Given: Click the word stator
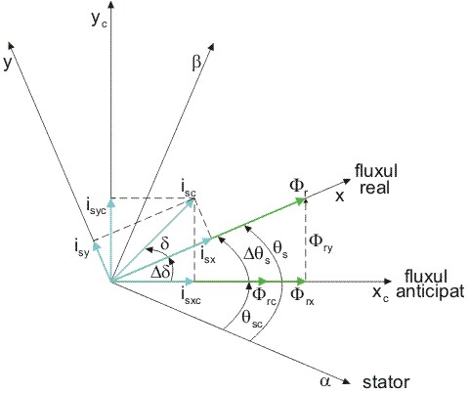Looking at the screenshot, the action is coord(386,382).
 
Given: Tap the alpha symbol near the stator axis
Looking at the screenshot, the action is coord(324,381).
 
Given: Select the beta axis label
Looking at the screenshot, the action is coord(196,63).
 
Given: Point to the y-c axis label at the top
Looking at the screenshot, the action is coord(99,22).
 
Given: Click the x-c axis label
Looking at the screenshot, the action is coord(380,293).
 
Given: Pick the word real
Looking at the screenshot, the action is coord(374,188).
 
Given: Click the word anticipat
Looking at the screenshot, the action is coord(430,291).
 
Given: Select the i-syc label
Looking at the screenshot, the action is coord(96,207).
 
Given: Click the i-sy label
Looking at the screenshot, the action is coord(81,248).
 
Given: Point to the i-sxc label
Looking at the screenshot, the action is coord(192,295).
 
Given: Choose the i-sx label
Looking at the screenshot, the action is coord(208,255).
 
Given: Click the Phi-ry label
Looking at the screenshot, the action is coord(320,242).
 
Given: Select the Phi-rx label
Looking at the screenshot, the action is coord(302,295).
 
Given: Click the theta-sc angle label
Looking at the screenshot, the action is coord(252,319).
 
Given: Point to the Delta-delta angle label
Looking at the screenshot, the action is coord(161,272).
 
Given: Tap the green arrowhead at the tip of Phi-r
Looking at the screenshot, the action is coord(300,200).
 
